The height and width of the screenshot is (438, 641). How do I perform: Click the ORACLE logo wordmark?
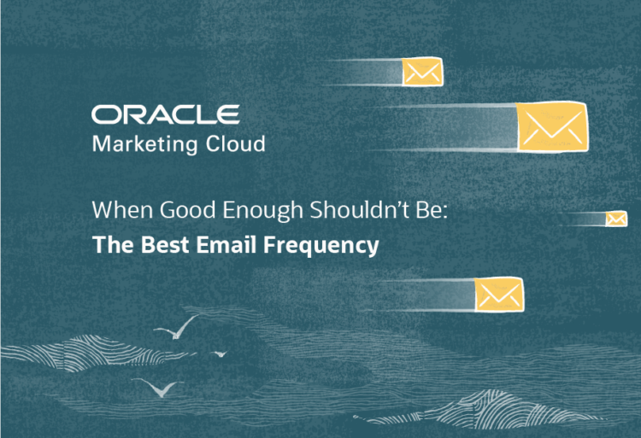pyautogui.click(x=165, y=115)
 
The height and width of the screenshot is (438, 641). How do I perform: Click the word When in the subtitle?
pyautogui.click(x=117, y=211)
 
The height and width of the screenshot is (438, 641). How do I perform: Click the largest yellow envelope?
pyautogui.click(x=551, y=126)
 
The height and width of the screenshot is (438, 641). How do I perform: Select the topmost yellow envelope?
pyautogui.click(x=422, y=72)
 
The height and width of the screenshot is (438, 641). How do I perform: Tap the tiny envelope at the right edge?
pyautogui.click(x=615, y=219)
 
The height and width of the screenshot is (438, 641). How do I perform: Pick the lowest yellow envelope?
pyautogui.click(x=499, y=294)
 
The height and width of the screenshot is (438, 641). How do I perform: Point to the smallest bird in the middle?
pyautogui.click(x=220, y=353)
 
